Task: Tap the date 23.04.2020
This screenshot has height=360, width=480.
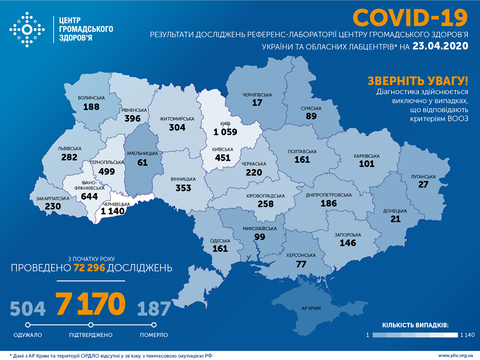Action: (x=440, y=46)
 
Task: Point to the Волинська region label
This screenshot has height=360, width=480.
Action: (x=91, y=98)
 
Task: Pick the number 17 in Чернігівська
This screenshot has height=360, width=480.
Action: (x=257, y=103)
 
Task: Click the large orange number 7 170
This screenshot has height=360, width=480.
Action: (x=90, y=304)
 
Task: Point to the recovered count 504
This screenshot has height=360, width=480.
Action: (x=28, y=308)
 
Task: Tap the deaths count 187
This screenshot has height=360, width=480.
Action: (x=154, y=308)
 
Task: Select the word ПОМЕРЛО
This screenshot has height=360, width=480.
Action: (x=154, y=335)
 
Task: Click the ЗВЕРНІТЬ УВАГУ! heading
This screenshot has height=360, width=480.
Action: (x=418, y=81)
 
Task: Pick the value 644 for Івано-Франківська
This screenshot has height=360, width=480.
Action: (x=90, y=196)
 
